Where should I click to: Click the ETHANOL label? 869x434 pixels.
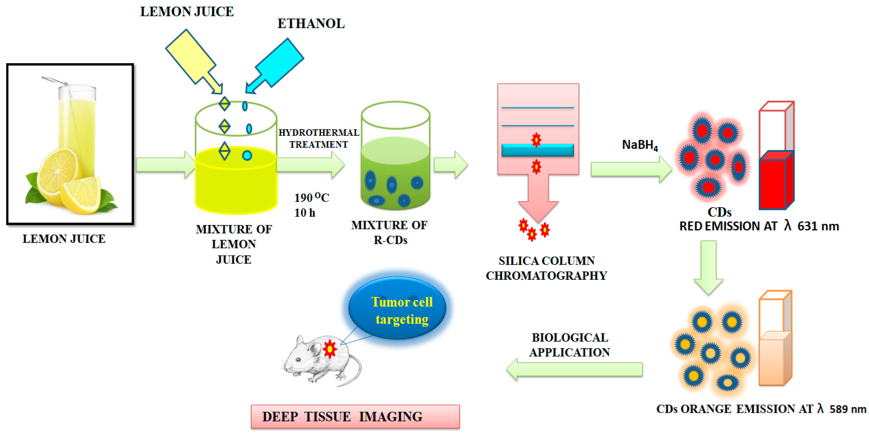tap(311, 24)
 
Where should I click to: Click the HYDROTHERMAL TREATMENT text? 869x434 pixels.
tap(318, 138)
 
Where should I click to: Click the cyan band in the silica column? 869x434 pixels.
tap(537, 150)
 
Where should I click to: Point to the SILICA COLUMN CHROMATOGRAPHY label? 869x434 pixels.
tap(546, 268)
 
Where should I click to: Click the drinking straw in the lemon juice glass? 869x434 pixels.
tap(56, 81)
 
